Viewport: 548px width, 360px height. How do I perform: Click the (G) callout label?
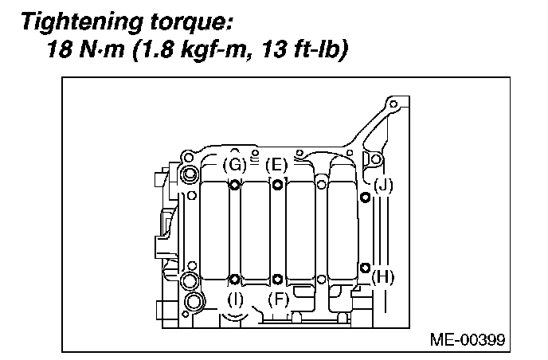point(234,165)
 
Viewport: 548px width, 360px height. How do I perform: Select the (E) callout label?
point(276,165)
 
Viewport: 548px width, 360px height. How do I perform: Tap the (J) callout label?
point(383,186)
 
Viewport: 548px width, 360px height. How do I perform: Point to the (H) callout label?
point(383,278)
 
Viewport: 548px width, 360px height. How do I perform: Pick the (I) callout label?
point(235,299)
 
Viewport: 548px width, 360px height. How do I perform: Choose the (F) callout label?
point(278,299)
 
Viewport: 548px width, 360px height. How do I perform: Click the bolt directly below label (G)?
point(235,186)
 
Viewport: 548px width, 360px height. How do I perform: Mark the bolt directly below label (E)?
point(276,186)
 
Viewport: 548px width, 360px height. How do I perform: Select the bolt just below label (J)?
point(365,198)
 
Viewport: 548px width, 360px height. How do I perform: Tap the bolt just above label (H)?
point(365,267)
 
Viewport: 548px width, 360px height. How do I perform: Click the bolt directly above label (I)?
point(235,279)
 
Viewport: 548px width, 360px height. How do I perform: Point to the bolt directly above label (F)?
point(276,279)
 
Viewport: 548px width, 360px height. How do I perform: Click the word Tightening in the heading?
point(80,21)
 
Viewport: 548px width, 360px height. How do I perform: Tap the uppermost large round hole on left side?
point(191,174)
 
